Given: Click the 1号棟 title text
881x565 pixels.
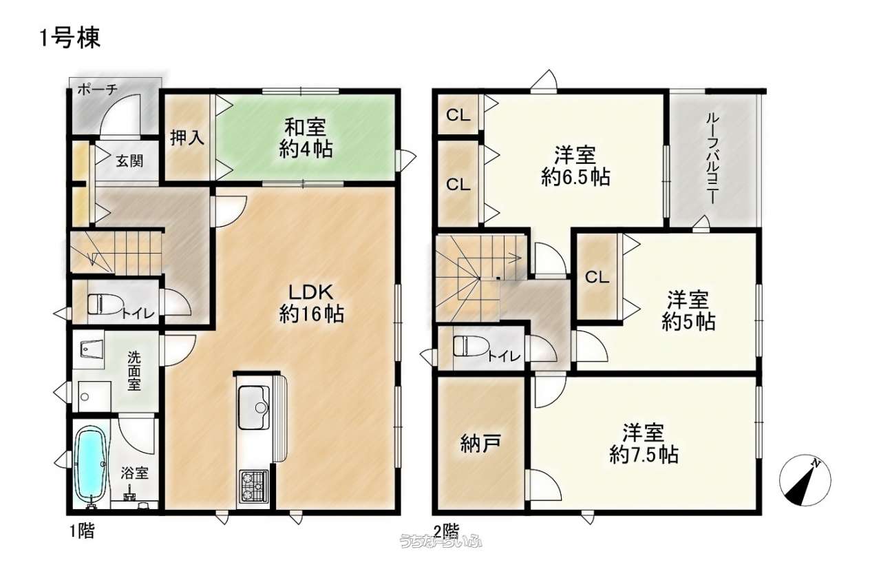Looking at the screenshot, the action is click(70, 38).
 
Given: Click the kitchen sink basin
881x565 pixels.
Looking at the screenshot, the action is click(254, 408).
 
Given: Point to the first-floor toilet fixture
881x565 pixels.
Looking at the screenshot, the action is click(103, 304).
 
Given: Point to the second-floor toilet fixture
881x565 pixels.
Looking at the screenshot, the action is click(470, 346).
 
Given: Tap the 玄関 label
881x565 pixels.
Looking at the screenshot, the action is click(129, 161).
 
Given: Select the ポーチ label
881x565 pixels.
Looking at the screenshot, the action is click(97, 90).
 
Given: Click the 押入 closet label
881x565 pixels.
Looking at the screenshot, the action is click(187, 138).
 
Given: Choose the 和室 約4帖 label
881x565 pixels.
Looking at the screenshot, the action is click(306, 138).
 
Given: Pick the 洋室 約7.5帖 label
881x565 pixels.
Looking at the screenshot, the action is click(644, 443).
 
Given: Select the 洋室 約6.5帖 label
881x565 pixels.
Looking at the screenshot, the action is click(575, 165).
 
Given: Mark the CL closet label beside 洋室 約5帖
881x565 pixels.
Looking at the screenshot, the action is click(597, 278).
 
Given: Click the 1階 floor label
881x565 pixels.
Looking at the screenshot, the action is click(82, 532).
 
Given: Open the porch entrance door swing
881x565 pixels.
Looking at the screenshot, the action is click(120, 116).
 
